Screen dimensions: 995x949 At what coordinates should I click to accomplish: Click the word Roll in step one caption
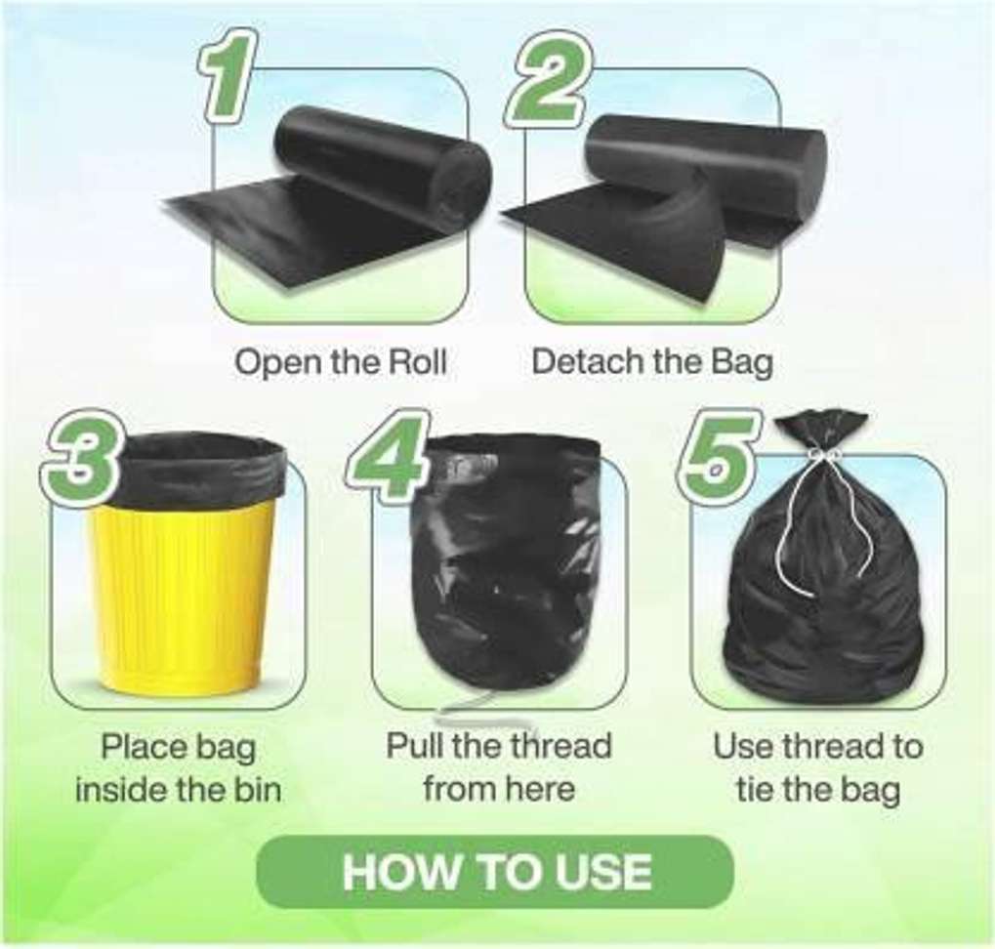(x=416, y=362)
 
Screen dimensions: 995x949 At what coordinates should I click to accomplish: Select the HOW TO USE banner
(x=495, y=872)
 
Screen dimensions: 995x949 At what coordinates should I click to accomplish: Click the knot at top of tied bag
(x=822, y=453)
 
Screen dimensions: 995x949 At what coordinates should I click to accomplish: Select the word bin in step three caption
(x=254, y=790)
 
